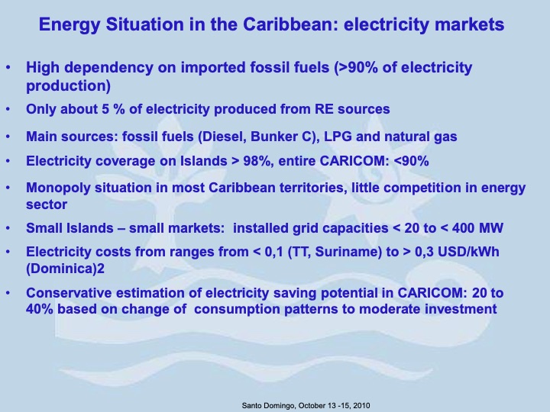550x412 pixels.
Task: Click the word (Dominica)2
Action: point(62,267)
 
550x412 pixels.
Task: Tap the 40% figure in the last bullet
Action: point(40,308)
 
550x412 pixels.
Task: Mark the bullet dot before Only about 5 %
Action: point(8,109)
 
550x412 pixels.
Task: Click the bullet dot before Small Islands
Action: point(8,227)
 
